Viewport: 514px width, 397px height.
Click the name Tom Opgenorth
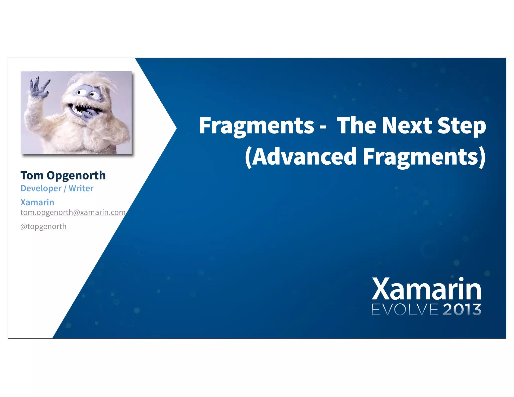[x=63, y=175]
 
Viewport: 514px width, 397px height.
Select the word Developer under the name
[x=41, y=188]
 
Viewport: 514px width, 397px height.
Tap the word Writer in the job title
[x=81, y=188]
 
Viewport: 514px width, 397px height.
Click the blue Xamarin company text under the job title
[x=37, y=202]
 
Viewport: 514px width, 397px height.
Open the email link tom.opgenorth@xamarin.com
[x=73, y=213]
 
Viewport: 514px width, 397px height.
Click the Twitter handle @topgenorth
[x=43, y=226]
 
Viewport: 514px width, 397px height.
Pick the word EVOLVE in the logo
[x=405, y=310]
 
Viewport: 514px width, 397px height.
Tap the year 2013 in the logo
[x=462, y=310]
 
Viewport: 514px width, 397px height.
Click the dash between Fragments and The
[x=323, y=127]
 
